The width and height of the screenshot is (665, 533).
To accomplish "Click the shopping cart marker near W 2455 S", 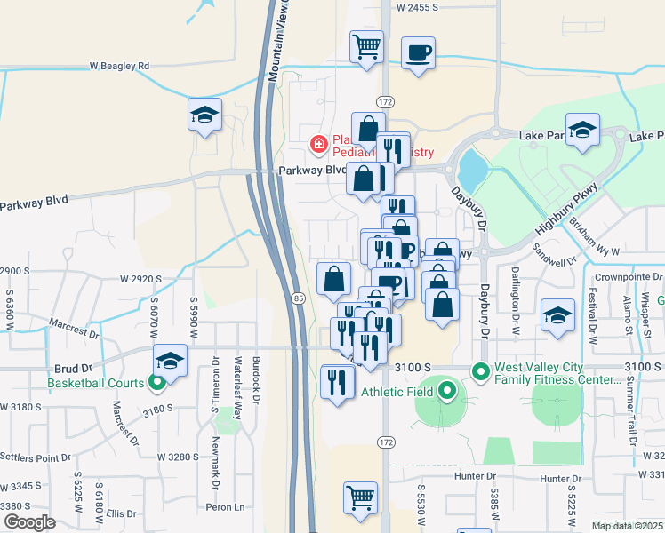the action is pyautogui.click(x=366, y=45).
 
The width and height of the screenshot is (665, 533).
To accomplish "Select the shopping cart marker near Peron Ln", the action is pyautogui.click(x=360, y=497).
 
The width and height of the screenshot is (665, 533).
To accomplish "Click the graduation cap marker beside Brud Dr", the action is pyautogui.click(x=170, y=361).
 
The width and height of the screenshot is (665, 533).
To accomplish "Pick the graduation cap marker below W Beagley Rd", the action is pyautogui.click(x=205, y=115).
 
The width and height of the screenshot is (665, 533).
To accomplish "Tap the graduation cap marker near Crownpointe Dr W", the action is pyautogui.click(x=558, y=316).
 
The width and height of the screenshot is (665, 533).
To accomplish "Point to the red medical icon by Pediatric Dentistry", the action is pyautogui.click(x=317, y=143).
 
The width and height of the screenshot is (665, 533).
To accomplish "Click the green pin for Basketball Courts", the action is pyautogui.click(x=157, y=384).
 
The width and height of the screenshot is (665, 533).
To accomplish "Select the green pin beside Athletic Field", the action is pyautogui.click(x=447, y=391).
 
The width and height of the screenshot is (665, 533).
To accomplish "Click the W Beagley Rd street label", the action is pyautogui.click(x=119, y=66).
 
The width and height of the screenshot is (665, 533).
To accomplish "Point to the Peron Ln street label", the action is pyautogui.click(x=226, y=507).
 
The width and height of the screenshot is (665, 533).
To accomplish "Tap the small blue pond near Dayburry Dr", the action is pyautogui.click(x=471, y=165).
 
